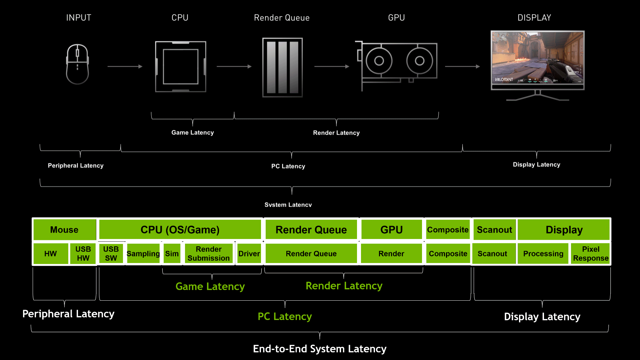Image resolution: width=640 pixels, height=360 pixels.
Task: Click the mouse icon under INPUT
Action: tap(77, 64)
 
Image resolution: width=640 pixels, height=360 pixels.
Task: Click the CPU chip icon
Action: tap(180, 67)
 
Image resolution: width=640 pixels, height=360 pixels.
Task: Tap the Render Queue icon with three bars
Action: tap(282, 67)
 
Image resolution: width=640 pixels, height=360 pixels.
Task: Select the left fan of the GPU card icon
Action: tap(379, 61)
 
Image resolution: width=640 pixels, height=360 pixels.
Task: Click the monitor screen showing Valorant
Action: tap(537, 58)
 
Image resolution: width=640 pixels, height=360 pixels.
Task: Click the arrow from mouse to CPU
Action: tap(125, 67)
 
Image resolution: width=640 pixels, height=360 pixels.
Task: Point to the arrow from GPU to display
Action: tap(462, 67)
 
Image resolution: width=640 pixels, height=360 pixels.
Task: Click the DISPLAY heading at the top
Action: tap(534, 18)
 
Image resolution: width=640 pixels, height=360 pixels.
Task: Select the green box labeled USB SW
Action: tap(111, 254)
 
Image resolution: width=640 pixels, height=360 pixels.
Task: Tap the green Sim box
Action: tap(172, 254)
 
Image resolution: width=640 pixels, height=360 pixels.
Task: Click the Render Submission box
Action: tap(209, 254)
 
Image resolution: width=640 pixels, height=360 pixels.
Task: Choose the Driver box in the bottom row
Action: tap(249, 254)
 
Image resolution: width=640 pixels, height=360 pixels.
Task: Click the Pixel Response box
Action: tap(591, 254)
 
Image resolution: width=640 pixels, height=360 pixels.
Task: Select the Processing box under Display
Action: tap(543, 254)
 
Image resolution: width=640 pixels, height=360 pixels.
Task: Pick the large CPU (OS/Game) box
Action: tap(180, 230)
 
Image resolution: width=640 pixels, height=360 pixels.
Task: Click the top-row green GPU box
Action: tap(391, 230)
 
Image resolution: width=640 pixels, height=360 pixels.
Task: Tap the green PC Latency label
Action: tap(285, 316)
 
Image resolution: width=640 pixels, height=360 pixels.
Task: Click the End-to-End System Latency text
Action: tap(319, 349)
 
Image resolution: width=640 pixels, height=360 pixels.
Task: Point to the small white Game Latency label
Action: tap(192, 132)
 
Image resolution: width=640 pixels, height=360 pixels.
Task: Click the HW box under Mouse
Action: tap(51, 254)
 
